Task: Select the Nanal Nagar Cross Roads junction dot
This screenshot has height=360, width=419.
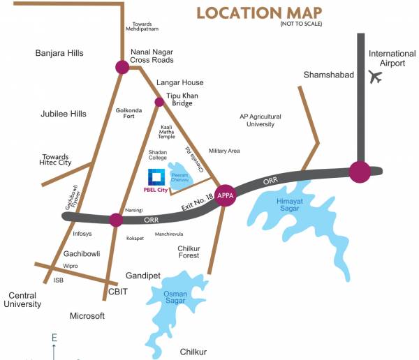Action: [122, 67]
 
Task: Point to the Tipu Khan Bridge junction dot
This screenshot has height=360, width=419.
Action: [159, 102]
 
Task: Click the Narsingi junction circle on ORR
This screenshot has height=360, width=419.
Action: [116, 220]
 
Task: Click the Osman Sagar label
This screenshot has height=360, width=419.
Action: [176, 298]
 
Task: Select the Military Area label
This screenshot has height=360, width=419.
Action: [224, 151]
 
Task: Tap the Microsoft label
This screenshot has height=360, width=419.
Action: [87, 316]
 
